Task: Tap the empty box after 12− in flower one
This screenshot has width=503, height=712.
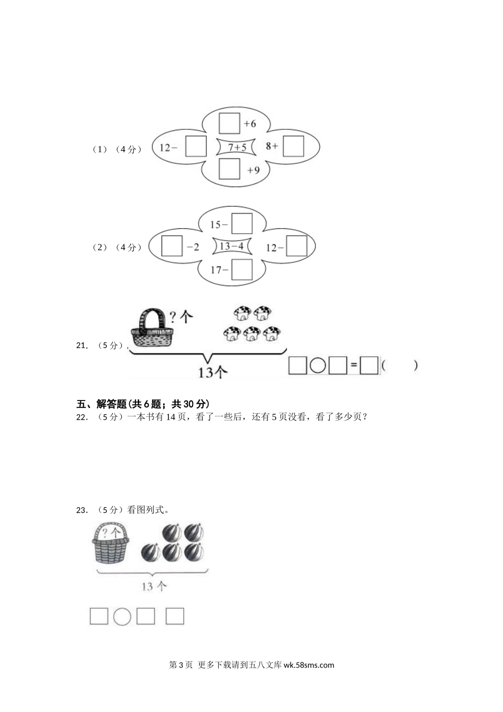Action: (x=196, y=147)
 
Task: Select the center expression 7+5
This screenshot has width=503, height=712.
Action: (x=237, y=147)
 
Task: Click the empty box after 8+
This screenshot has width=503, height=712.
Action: (x=293, y=147)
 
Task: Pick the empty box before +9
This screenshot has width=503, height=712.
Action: (x=229, y=170)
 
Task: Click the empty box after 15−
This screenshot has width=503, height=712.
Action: (x=242, y=224)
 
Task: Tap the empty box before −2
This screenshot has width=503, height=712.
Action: (x=172, y=246)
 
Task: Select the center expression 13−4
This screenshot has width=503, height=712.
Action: (x=231, y=246)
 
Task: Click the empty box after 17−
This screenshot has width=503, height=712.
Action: (x=242, y=270)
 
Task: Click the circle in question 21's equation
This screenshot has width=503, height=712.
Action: (x=318, y=366)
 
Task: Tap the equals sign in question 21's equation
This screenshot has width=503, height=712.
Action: (x=353, y=366)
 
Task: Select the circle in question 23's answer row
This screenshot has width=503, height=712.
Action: (x=122, y=616)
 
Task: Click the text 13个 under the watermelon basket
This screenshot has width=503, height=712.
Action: (x=154, y=586)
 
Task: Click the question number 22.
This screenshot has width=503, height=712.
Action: (x=82, y=417)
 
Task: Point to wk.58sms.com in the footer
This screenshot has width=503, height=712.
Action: (x=309, y=665)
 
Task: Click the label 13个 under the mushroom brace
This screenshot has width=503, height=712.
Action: (x=212, y=372)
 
